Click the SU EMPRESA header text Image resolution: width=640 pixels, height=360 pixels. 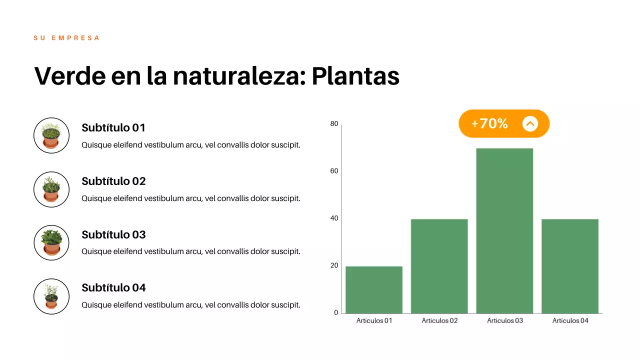tap(66, 38)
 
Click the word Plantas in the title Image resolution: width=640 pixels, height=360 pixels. tap(355, 76)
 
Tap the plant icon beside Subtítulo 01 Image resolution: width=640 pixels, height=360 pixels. tap(51, 135)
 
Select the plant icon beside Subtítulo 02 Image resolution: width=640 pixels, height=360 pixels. tap(51, 189)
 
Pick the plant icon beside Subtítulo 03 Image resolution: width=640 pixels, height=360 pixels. tap(51, 242)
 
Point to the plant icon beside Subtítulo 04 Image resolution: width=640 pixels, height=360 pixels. tap(51, 296)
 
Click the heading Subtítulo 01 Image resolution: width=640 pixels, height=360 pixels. tap(113, 128)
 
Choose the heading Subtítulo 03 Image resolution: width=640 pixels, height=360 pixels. tap(113, 235)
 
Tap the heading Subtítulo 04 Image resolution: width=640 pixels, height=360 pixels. tap(113, 288)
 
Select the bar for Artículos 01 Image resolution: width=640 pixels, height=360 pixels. tap(374, 290)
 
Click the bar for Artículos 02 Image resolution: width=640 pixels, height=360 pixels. tap(439, 266)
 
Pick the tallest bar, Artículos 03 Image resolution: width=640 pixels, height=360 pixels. tap(504, 231)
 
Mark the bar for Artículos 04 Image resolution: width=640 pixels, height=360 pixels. tap(570, 266)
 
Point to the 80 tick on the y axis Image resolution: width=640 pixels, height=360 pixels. tap(334, 124)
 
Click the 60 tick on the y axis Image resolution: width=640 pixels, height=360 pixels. tap(334, 171)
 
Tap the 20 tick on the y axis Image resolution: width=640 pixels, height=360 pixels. tap(334, 265)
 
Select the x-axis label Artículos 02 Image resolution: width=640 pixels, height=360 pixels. tap(439, 320)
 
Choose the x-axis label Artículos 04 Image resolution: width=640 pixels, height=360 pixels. tap(570, 320)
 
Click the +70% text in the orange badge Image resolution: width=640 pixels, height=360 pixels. tap(489, 123)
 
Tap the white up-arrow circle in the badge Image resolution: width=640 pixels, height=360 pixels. tap(530, 123)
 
